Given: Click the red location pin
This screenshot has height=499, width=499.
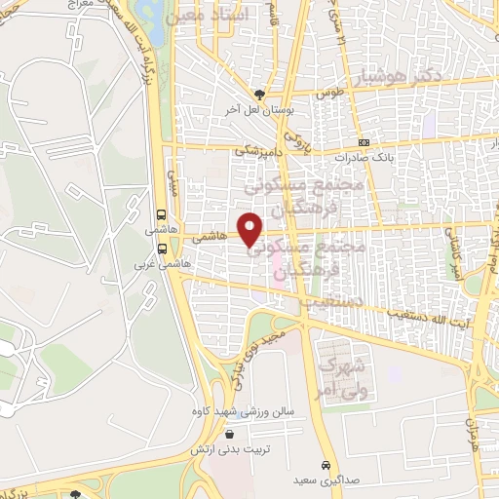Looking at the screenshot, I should tap(251, 230).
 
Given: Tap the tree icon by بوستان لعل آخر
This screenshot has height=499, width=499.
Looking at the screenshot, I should tap(259, 95).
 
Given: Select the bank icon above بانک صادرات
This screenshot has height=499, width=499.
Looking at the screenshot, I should tap(364, 141).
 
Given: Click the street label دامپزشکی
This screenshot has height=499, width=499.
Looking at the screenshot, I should tap(261, 151).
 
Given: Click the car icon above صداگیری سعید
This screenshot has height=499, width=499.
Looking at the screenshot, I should tap(326, 464).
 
